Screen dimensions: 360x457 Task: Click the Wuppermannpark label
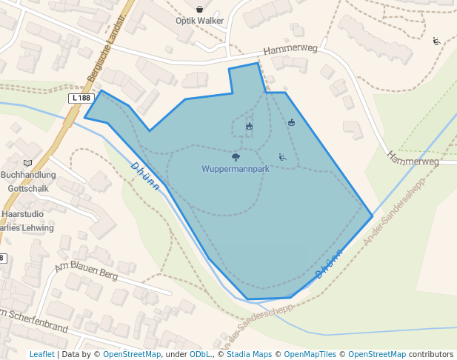[236, 169]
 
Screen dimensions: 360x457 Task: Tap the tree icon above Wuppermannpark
[236, 157]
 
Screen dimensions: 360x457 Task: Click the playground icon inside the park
[282, 156]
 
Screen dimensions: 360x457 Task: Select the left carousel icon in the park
[249, 127]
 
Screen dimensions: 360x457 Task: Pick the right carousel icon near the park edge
[291, 122]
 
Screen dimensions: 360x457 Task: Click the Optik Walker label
[199, 21]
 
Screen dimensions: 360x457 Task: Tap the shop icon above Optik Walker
[199, 9]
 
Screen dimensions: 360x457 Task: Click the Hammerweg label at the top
[290, 49]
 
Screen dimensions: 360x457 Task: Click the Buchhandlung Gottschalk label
[28, 181]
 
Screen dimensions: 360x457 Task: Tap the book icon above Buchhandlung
[28, 163]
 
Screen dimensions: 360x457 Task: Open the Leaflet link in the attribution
[41, 355]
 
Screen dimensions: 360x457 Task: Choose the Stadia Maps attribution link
[249, 355]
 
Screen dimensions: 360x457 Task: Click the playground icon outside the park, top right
[436, 41]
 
